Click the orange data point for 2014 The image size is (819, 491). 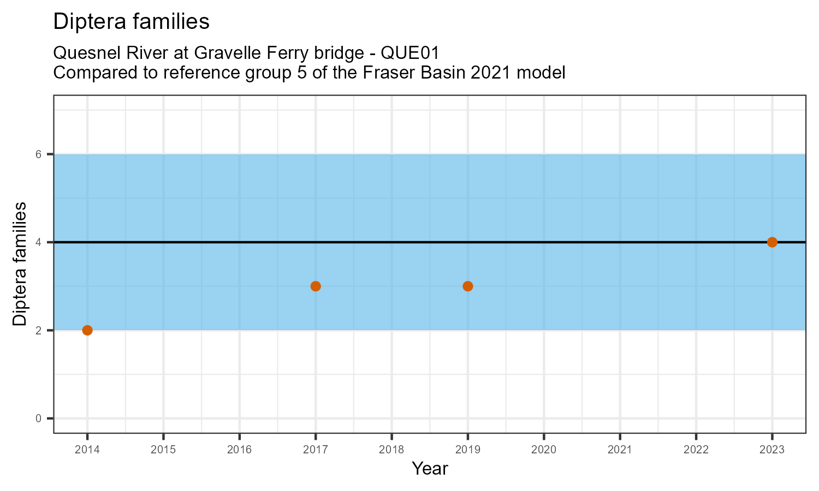87,330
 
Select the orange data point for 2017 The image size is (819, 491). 316,286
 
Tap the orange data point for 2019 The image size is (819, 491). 468,286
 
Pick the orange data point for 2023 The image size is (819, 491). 772,242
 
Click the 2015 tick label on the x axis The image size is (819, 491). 163,450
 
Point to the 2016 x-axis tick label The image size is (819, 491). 239,450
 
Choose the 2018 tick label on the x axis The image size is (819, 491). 391,450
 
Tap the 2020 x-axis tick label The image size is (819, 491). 544,450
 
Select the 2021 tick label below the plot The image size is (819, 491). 620,450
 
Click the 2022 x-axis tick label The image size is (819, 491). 696,450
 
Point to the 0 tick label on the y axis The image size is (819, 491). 39,418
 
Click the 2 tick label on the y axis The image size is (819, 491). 39,331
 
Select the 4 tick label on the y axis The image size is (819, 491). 39,242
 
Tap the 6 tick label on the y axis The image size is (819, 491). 39,154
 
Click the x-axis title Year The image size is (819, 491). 430,469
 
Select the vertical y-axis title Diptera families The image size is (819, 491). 20,264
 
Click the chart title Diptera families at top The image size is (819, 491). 132,21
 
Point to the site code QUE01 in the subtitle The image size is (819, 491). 410,53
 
